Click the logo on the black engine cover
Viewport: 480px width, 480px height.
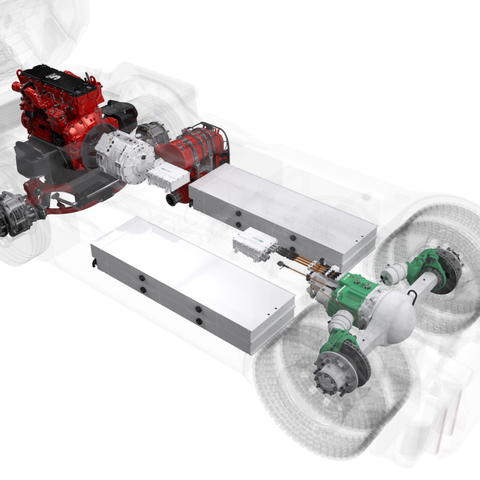pos(54,76)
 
